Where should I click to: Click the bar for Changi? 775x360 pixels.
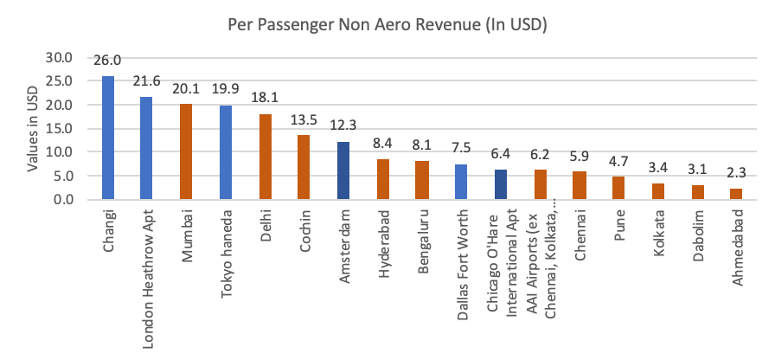(108, 138)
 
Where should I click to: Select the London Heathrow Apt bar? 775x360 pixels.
(147, 148)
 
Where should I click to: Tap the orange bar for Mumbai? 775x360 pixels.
(186, 151)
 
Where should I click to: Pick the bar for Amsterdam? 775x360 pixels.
(343, 170)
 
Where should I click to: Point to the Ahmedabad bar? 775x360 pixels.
(736, 194)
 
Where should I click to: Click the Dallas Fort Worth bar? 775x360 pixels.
(461, 182)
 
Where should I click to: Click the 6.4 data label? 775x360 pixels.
(501, 157)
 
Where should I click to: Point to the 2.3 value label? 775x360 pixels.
(736, 177)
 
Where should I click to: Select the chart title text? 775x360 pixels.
(387, 24)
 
